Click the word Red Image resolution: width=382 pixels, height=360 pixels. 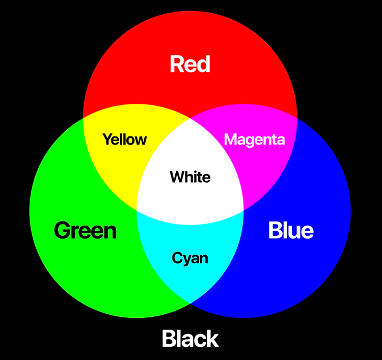(190, 65)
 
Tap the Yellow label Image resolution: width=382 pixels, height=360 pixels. (124, 139)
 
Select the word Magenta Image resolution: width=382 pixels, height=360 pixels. (254, 139)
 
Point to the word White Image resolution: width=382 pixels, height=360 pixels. (190, 177)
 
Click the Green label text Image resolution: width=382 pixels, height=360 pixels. (85, 231)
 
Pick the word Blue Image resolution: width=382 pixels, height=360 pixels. (291, 231)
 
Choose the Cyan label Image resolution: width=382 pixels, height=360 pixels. (190, 258)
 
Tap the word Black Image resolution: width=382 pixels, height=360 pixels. (190, 339)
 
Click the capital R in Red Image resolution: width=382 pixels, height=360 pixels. (176, 65)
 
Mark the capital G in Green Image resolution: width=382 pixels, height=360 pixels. (62, 231)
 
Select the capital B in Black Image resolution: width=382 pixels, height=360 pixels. (169, 339)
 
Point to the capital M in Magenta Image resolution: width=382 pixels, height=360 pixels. (231, 139)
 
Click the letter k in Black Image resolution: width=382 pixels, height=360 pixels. (213, 339)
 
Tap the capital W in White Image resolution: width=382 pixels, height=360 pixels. (177, 177)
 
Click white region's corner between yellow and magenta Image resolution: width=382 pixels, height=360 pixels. (190, 118)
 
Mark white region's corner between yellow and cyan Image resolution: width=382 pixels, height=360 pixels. (137, 210)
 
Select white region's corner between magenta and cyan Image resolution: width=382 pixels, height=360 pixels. (243, 210)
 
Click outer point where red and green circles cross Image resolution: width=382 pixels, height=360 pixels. (84, 117)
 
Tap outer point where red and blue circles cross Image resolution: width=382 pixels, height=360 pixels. (297, 117)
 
